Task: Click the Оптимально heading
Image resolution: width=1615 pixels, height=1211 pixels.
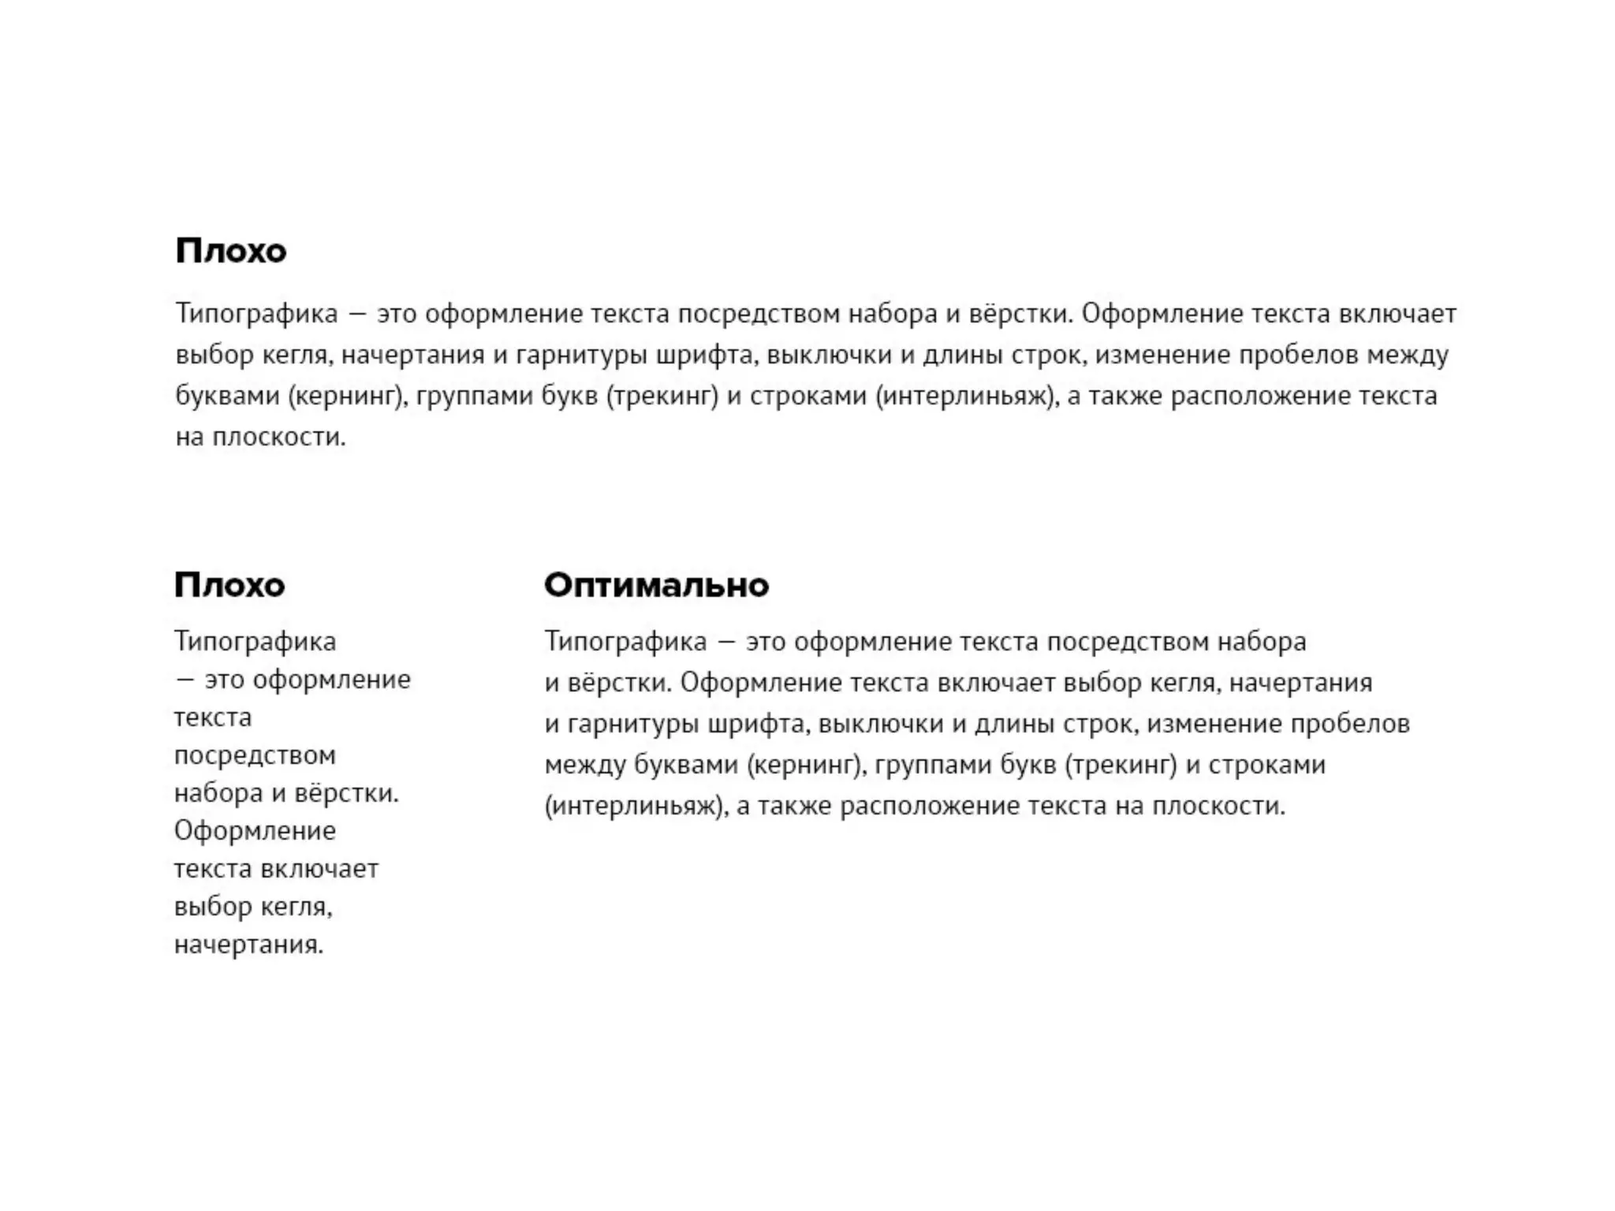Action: [656, 585]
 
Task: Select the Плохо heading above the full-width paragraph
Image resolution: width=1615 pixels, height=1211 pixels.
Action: [231, 251]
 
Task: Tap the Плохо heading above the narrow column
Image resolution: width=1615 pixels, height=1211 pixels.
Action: [229, 585]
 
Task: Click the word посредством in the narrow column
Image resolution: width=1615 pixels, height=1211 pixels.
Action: [255, 755]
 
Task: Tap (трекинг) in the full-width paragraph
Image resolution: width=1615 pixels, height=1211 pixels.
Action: [662, 396]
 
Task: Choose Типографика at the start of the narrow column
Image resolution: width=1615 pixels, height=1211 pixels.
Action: [255, 642]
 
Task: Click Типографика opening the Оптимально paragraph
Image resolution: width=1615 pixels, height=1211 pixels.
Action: [625, 642]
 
